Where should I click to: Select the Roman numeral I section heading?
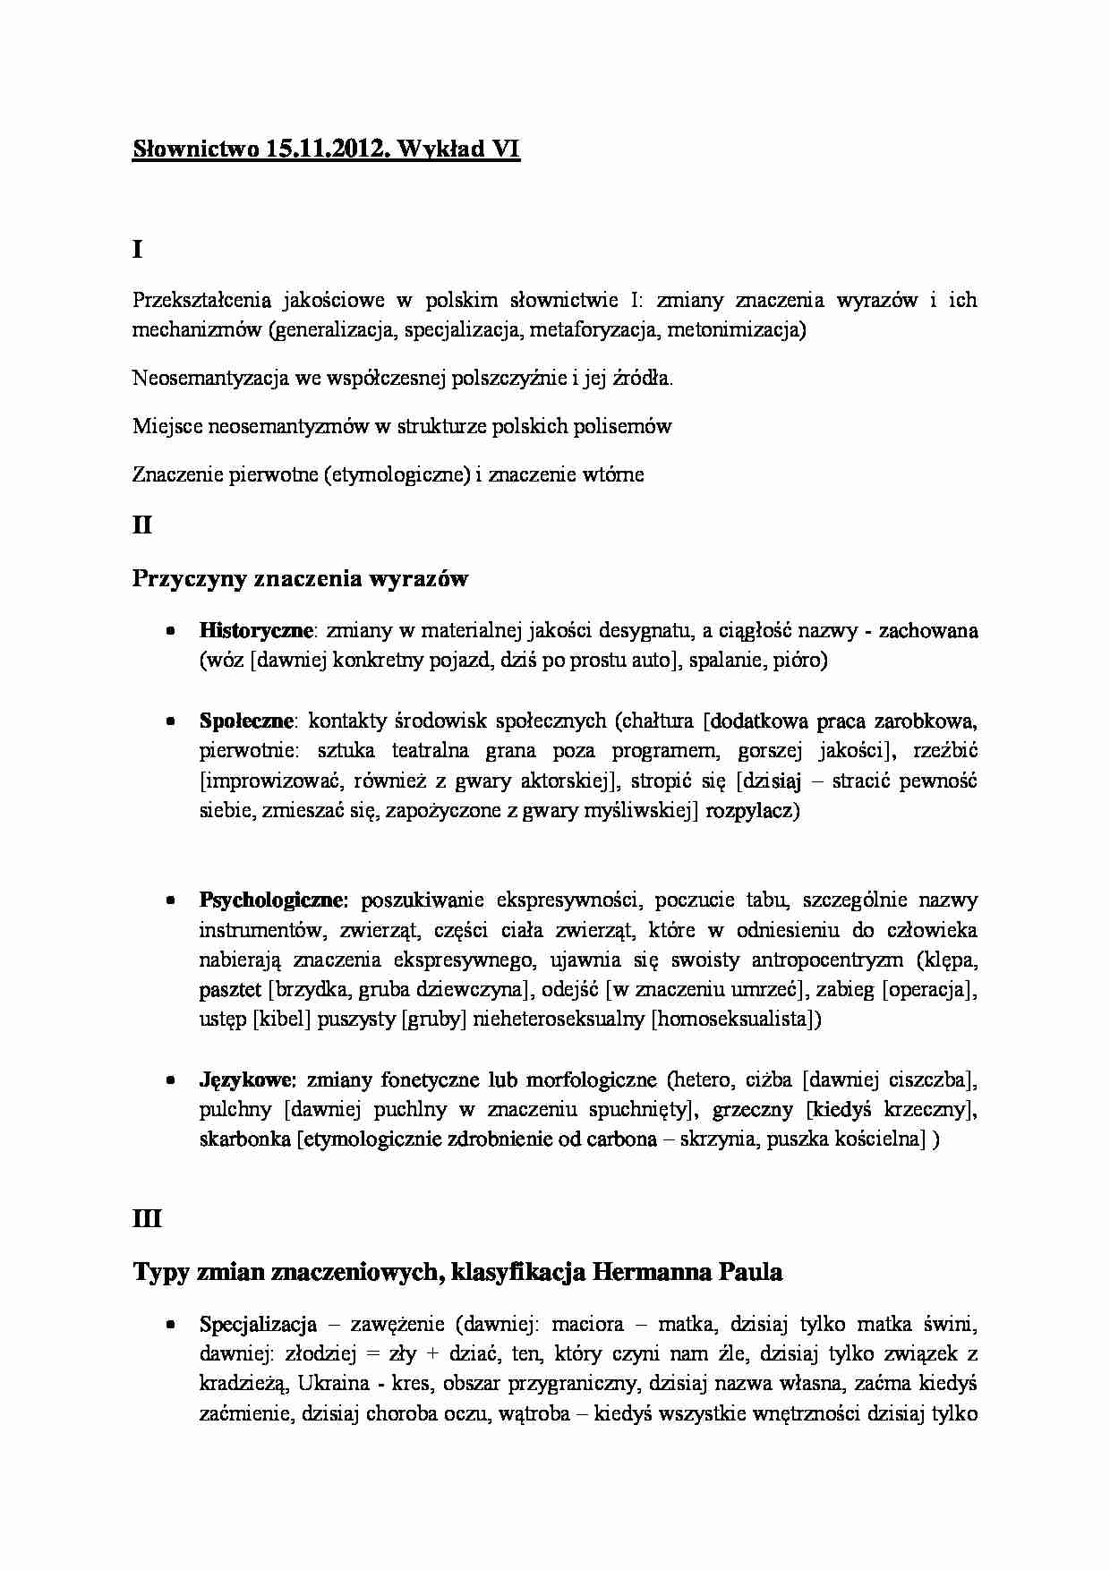137,250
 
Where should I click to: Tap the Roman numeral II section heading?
141,525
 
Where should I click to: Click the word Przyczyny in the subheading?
189,578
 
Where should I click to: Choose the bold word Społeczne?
247,720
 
